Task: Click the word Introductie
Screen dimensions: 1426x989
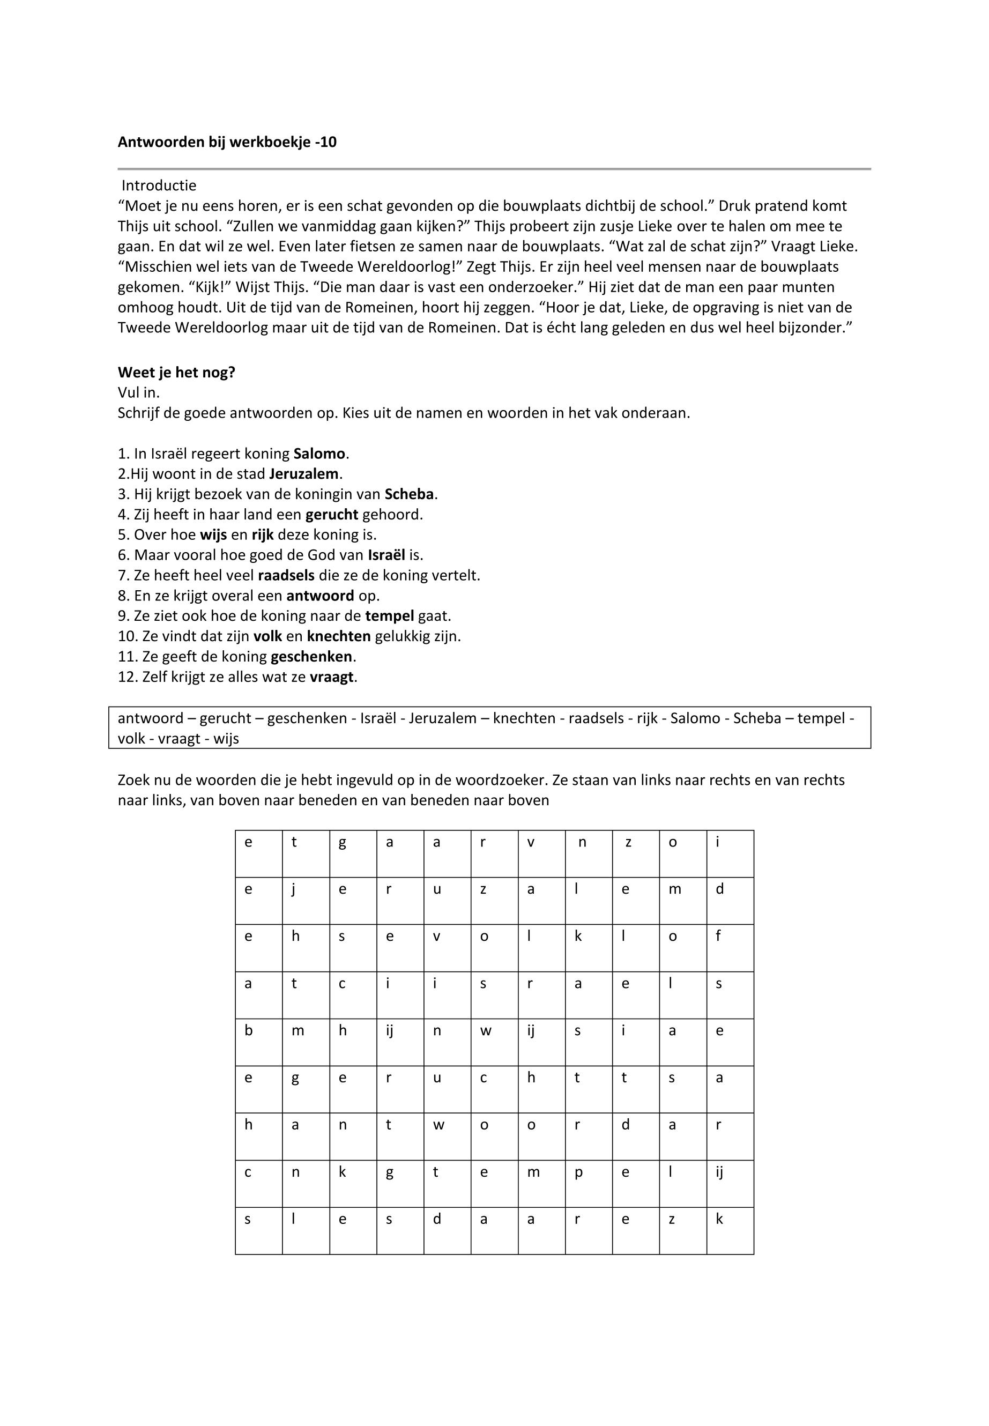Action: pos(159,186)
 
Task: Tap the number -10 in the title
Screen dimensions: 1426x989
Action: pos(326,143)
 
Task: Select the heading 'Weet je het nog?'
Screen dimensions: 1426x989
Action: pos(176,373)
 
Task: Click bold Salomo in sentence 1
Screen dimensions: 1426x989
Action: pos(319,454)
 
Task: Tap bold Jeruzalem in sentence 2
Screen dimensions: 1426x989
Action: pos(304,474)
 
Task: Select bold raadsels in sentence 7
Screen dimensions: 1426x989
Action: pos(286,576)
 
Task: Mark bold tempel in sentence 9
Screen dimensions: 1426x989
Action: pos(390,616)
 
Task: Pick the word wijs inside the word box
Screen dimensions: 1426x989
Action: pos(226,739)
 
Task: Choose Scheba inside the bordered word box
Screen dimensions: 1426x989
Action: pos(757,719)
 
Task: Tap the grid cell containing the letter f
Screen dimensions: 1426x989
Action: pos(730,948)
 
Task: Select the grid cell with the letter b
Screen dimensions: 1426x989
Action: pos(258,1042)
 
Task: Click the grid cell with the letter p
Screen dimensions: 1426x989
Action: pos(589,1184)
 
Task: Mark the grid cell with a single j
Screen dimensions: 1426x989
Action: pos(306,901)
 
